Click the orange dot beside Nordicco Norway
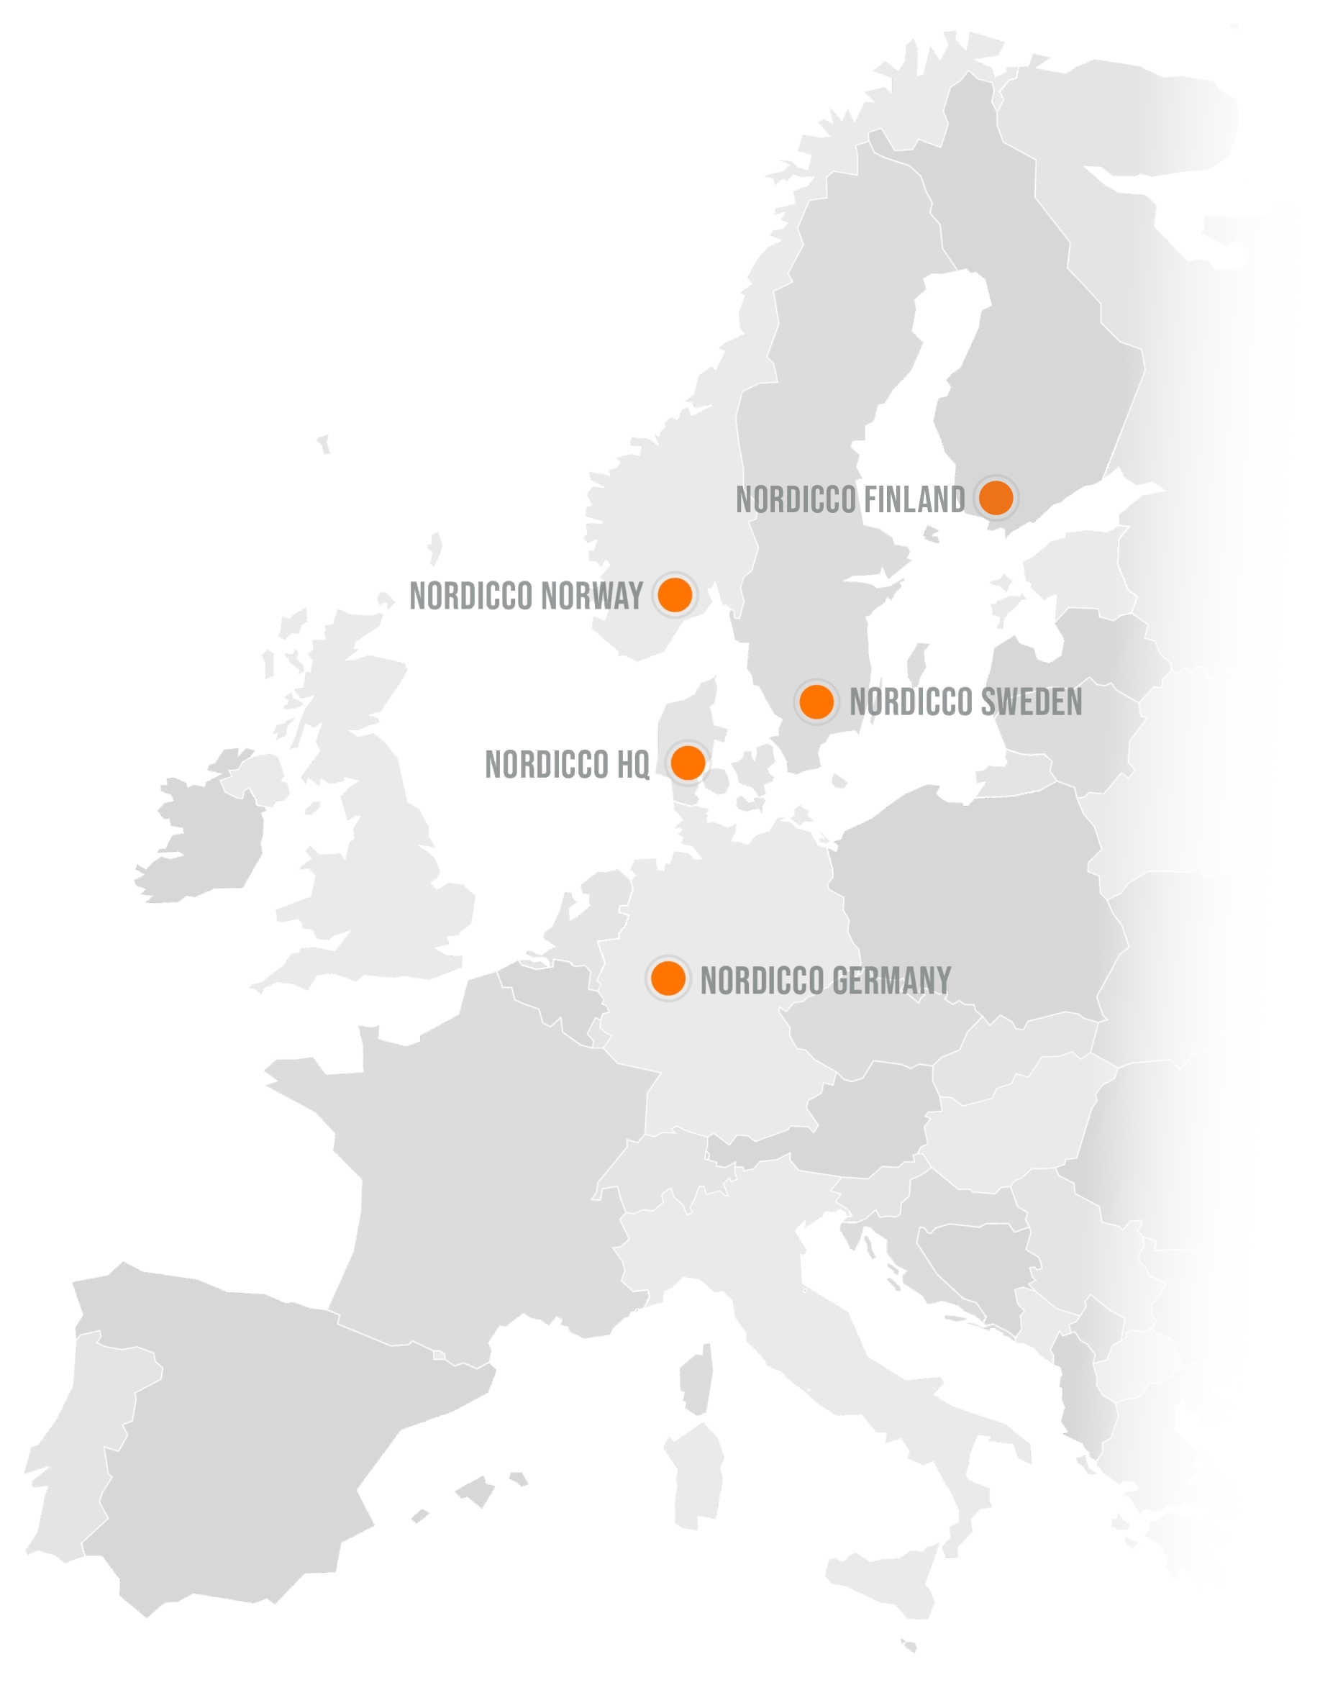click(x=674, y=595)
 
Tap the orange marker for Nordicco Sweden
click(x=816, y=701)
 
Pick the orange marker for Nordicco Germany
click(x=668, y=978)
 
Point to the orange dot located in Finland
click(x=996, y=497)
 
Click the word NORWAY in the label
click(x=592, y=596)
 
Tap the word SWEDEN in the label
click(x=1031, y=702)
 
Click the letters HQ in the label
click(x=632, y=765)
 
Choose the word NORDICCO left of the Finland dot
click(x=796, y=500)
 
